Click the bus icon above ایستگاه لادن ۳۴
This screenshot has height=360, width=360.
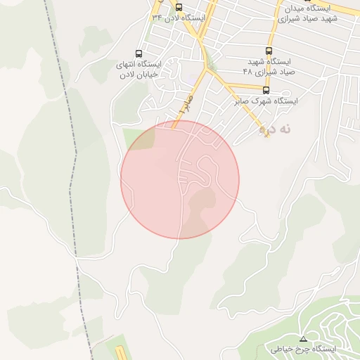(178, 8)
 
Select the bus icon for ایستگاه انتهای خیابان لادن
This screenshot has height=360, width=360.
(139, 53)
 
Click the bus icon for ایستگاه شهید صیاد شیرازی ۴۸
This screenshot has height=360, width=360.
(269, 51)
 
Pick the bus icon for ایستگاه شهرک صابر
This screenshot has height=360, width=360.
(265, 90)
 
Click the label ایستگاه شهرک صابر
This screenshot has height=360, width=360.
(266, 101)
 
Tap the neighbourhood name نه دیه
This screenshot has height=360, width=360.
(274, 129)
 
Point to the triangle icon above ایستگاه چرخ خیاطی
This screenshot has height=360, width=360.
(303, 339)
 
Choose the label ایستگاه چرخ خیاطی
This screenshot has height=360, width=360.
(303, 349)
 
